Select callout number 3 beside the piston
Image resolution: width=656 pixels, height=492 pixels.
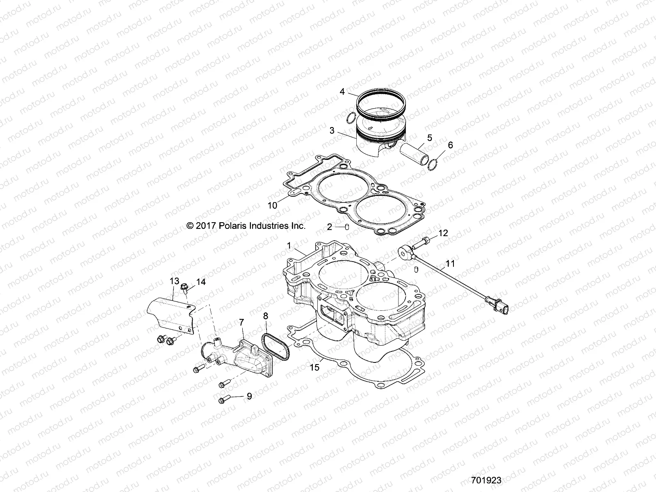point(332,131)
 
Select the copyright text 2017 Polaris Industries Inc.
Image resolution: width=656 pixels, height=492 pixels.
point(246,225)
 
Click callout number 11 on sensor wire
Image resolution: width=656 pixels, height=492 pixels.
point(450,264)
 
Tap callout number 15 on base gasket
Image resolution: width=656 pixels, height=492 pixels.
point(314,367)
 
